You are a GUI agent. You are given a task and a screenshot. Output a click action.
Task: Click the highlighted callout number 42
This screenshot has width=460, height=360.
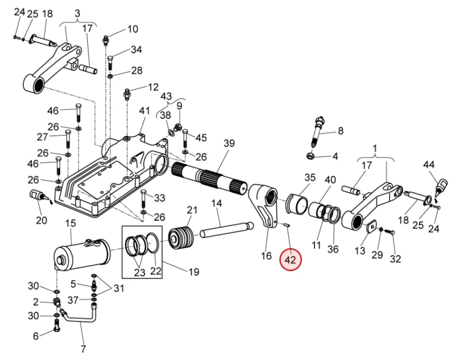(x=290, y=260)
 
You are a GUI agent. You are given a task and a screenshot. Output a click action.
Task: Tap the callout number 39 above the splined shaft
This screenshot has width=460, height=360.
(x=229, y=143)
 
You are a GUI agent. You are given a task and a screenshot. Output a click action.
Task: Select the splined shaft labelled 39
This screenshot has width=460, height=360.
(x=209, y=175)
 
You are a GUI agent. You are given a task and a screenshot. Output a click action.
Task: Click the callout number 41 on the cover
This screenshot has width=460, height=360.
(x=144, y=111)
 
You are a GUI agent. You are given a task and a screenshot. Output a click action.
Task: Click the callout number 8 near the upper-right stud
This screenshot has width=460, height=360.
(x=340, y=130)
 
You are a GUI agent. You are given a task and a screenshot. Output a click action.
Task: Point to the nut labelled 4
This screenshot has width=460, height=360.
(x=315, y=156)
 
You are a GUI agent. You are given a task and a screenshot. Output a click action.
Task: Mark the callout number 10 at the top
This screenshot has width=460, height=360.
(x=132, y=29)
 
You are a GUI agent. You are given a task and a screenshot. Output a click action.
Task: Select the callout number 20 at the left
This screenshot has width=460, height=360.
(x=42, y=220)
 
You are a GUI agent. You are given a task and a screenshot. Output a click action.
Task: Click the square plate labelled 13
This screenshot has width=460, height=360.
(x=370, y=228)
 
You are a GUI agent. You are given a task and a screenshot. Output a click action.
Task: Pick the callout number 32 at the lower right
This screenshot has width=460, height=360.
(x=395, y=258)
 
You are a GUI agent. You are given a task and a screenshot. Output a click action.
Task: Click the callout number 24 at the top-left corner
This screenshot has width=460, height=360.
(x=20, y=13)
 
